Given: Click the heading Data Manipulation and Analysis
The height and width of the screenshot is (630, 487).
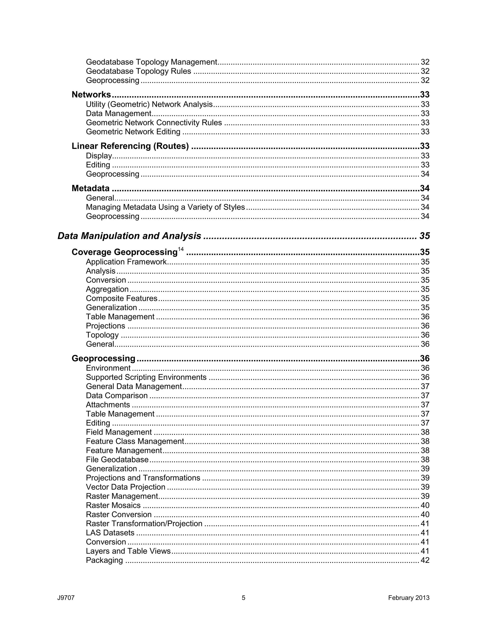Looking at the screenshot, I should tap(129, 236).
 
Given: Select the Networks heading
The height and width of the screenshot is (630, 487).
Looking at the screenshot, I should tap(91, 95).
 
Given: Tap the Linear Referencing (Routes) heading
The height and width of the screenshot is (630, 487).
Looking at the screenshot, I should tap(130, 146).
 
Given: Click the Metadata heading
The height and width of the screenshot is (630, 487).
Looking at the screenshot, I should tap(91, 188).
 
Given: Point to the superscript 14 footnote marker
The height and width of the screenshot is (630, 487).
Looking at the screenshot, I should tap(181, 249).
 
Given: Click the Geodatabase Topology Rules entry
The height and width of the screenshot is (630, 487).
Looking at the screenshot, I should tap(138, 71).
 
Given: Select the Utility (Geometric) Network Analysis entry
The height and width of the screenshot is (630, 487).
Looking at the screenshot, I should tap(149, 104).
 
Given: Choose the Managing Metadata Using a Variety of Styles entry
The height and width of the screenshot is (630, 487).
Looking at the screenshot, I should tap(165, 207).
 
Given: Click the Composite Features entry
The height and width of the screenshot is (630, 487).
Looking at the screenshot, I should tap(122, 298).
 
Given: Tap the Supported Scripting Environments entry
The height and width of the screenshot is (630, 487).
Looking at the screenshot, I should tap(146, 377).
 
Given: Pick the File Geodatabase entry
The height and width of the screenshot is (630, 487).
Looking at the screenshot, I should tap(117, 460).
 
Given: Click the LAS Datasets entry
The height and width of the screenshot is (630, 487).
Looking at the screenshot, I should tap(110, 533).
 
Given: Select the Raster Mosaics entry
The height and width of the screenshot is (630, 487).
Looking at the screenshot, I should tap(113, 505).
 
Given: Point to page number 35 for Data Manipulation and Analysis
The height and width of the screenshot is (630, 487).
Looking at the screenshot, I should tap(424, 236).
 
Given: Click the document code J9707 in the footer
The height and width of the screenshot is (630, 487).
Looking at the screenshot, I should tap(66, 598).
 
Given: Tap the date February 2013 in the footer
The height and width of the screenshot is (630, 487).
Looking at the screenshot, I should tap(409, 598).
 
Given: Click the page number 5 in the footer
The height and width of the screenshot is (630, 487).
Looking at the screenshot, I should tap(243, 598).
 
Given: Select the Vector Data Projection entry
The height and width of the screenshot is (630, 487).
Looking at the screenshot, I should tap(126, 487).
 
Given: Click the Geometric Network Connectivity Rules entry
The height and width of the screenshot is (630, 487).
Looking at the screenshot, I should tap(154, 123).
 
